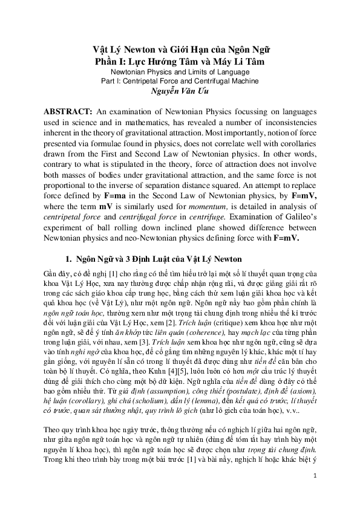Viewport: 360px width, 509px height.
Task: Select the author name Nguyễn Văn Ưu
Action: (179, 92)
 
